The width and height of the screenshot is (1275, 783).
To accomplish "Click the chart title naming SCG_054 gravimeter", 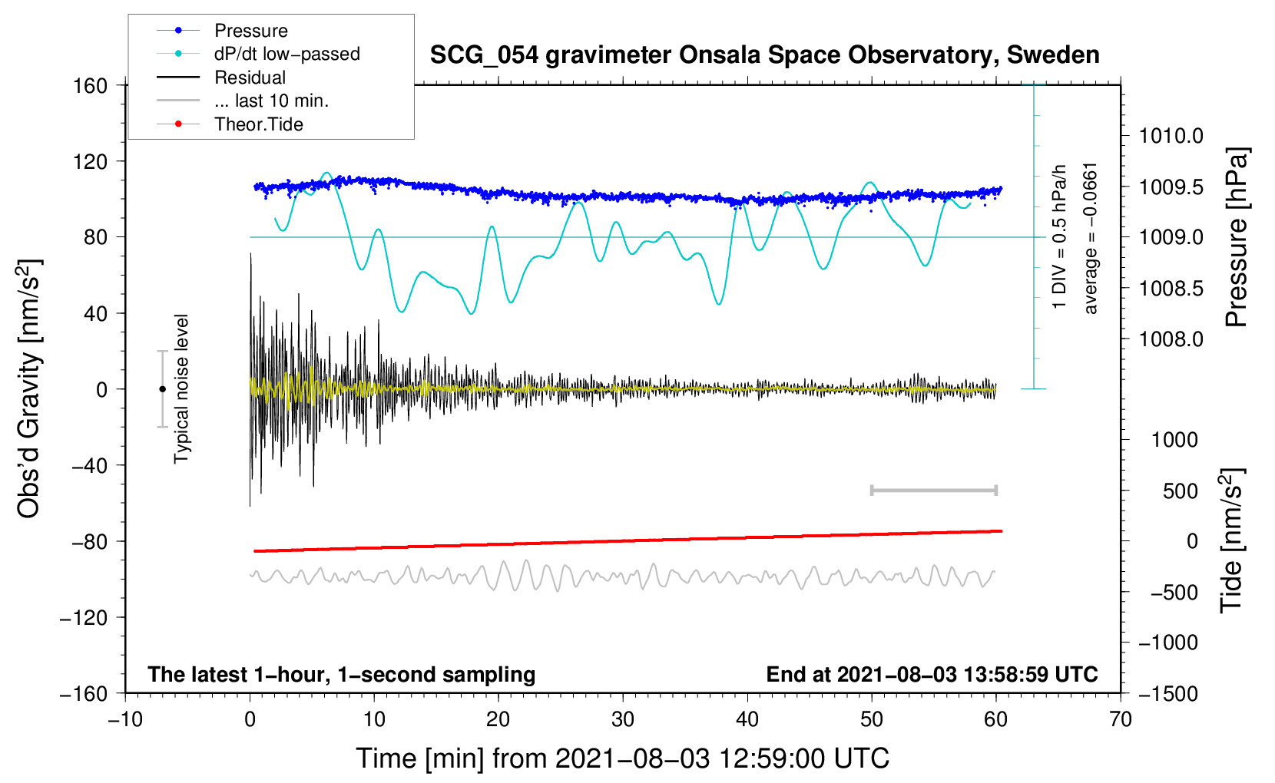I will (x=764, y=55).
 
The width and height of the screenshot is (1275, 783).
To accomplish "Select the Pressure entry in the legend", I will (x=250, y=31).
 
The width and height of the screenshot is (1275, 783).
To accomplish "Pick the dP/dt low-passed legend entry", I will (x=286, y=54).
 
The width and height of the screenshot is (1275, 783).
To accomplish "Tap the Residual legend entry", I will (x=250, y=78).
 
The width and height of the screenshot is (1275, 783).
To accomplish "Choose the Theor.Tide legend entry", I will (x=258, y=124).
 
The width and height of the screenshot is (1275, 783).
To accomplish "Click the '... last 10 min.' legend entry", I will (x=271, y=101).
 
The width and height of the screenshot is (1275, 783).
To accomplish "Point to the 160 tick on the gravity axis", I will (x=91, y=85).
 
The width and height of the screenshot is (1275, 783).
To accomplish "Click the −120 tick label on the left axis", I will (x=84, y=617).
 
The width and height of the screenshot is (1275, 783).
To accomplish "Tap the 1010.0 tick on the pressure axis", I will (x=1171, y=136).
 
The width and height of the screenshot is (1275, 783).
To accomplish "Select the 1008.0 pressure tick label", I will (x=1171, y=339).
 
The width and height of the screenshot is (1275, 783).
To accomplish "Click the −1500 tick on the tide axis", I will (x=1167, y=693).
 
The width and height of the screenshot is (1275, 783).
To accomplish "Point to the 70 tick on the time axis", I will (x=1121, y=719).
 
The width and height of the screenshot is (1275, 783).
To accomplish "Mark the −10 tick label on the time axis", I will (x=125, y=719).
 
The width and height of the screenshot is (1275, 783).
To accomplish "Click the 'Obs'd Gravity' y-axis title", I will (x=29, y=388).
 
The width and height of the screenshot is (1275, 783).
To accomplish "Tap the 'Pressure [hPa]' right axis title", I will (x=1237, y=237).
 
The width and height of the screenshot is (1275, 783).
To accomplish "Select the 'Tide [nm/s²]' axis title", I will (x=1231, y=540).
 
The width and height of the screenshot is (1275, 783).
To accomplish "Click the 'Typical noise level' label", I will (x=181, y=388).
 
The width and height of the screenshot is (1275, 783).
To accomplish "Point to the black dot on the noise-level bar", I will (x=162, y=389).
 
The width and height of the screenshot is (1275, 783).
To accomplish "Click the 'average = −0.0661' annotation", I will (x=1091, y=238).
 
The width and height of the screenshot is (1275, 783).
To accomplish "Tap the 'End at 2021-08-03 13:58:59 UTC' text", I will (x=932, y=675).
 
